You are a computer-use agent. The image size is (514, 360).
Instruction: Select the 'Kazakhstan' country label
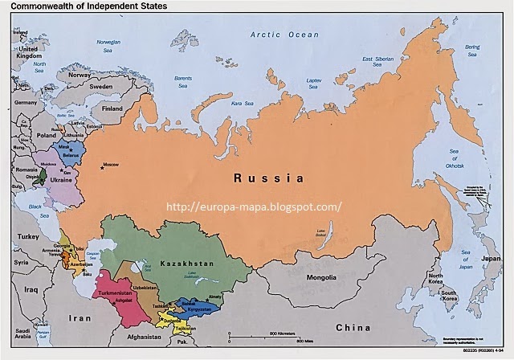point(186,264)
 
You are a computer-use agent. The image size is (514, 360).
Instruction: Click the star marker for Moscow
point(103,167)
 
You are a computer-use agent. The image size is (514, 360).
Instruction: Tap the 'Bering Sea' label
point(488,51)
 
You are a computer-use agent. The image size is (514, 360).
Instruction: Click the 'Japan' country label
point(490,259)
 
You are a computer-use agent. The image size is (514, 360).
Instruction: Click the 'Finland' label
point(112,108)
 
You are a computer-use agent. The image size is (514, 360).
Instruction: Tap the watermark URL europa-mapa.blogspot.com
point(253,206)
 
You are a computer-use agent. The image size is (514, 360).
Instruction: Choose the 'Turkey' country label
point(30,237)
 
